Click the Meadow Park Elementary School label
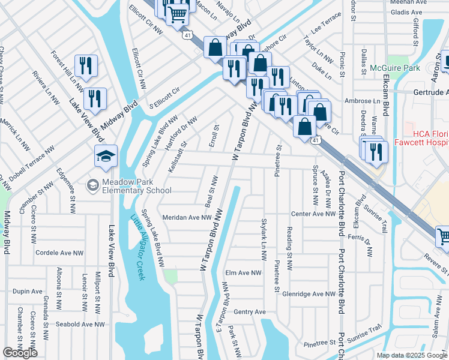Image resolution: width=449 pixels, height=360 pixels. click(x=137, y=186)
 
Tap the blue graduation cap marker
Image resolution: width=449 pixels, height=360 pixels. click(x=106, y=157)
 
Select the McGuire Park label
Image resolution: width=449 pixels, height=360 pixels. click(x=394, y=68)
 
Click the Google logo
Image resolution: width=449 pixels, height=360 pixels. click(x=20, y=353)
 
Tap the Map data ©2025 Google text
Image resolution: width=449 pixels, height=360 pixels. click(x=412, y=355)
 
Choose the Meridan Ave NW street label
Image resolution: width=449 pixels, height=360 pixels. click(x=187, y=218)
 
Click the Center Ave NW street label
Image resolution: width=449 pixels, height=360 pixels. click(x=312, y=214)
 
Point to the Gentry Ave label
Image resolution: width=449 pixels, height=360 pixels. click(x=249, y=312)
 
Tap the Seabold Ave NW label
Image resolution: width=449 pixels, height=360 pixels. click(x=79, y=324)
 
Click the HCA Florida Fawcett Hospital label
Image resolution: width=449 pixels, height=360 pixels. click(x=427, y=136)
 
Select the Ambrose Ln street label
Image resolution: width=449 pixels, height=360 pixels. click(x=364, y=101)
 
